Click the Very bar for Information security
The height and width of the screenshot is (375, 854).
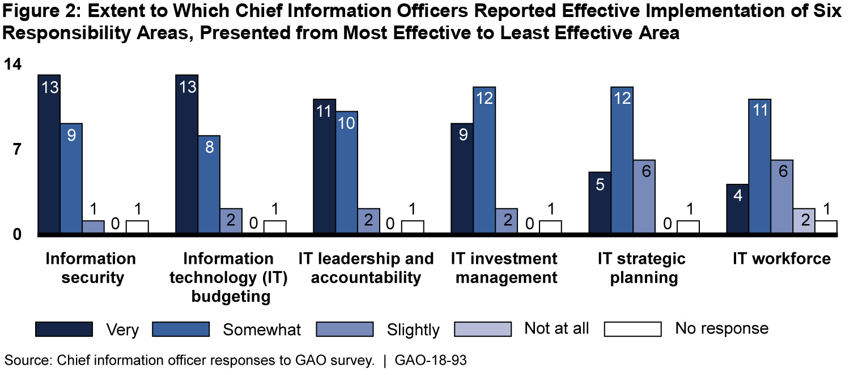[49, 154]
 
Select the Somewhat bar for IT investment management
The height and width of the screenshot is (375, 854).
[485, 160]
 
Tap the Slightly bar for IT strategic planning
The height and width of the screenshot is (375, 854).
[644, 196]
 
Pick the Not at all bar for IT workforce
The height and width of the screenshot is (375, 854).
[804, 221]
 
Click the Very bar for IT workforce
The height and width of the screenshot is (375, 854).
[737, 209]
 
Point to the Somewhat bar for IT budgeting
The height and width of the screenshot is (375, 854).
[209, 184]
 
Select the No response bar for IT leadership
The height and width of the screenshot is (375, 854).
[413, 226]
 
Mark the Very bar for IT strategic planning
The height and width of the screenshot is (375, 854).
[600, 203]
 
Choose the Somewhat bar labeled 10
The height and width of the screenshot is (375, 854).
[346, 172]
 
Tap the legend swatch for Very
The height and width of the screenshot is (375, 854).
[63, 329]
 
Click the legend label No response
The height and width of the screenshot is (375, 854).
[721, 328]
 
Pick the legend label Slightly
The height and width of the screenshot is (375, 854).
[413, 330]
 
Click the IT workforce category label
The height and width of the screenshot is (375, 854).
[781, 259]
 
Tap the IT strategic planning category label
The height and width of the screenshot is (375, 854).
[641, 268]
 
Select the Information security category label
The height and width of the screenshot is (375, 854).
[91, 268]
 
